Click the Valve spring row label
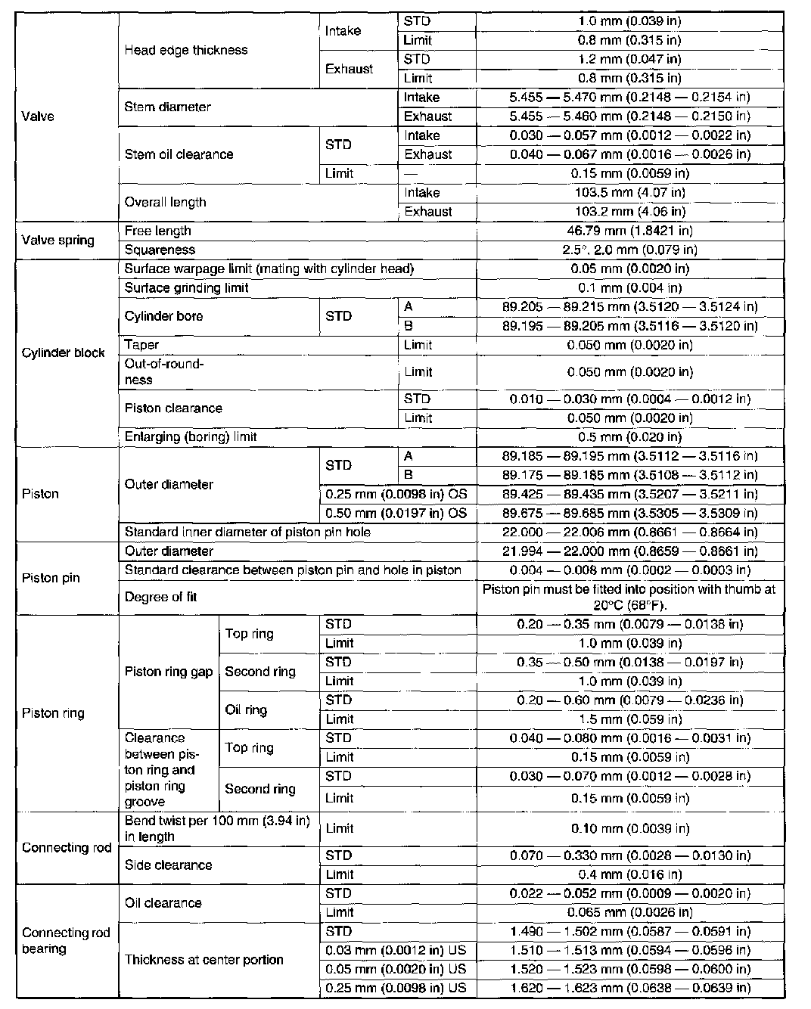[58, 241]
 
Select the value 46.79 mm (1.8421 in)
[629, 231]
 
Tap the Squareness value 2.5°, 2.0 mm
[629, 250]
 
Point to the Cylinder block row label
[64, 352]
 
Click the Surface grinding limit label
[186, 287]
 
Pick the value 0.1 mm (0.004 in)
[629, 287]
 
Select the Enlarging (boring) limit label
[191, 436]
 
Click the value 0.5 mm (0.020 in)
[629, 436]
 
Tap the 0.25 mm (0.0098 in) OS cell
[396, 494]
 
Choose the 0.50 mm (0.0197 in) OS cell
[396, 514]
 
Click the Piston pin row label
[51, 578]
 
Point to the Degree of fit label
[160, 597]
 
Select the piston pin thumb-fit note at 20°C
[629, 597]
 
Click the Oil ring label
[246, 709]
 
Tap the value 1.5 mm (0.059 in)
[629, 719]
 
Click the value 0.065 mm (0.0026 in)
[629, 912]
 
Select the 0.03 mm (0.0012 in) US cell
[396, 950]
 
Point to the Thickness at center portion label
[204, 960]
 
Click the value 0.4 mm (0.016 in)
[629, 874]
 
